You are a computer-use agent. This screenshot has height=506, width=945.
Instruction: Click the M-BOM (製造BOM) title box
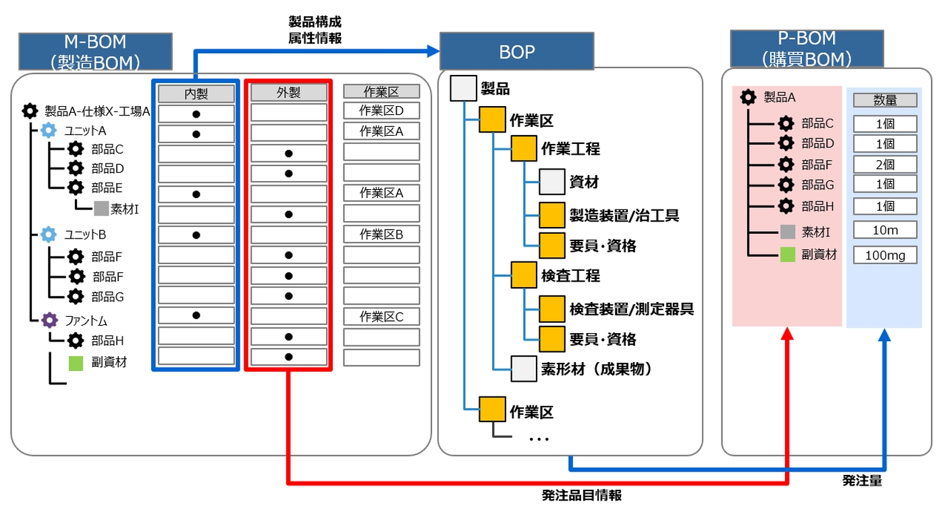coord(95,51)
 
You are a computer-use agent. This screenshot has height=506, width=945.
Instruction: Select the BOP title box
coord(516,51)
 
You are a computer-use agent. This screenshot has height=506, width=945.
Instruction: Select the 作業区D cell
coord(381,111)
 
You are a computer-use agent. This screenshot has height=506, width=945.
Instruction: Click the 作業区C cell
coord(381,316)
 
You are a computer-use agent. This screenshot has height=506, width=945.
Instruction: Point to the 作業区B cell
coord(381,234)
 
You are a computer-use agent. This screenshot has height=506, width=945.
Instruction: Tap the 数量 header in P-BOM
coord(885,100)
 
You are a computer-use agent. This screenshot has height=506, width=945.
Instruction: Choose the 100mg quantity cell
coord(885,255)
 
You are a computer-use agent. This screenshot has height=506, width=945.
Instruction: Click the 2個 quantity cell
coord(885,164)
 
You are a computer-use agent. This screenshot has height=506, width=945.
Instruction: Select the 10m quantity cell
coord(885,230)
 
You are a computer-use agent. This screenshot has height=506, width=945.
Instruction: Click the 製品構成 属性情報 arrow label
coord(315,30)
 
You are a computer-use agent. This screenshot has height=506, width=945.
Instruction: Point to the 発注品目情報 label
coord(581,495)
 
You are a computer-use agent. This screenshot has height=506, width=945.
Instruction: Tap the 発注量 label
coord(862,480)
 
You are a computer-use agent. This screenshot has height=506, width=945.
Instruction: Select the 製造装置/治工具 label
coord(624,215)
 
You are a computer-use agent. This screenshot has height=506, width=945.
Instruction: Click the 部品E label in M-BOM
coord(107,187)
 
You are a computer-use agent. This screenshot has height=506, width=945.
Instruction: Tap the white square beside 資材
coord(551,182)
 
